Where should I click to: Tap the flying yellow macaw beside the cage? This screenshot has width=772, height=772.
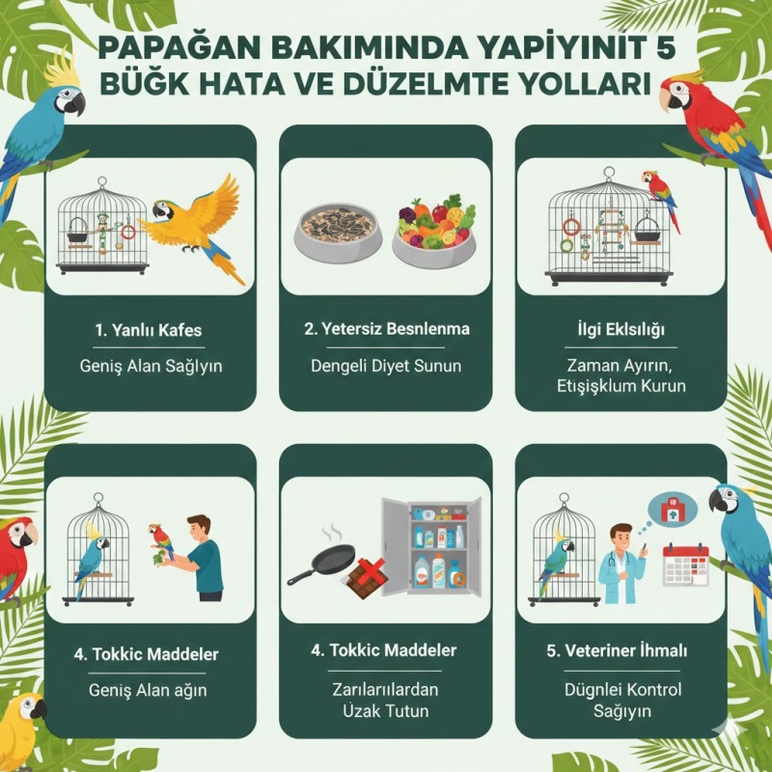coord(197,228)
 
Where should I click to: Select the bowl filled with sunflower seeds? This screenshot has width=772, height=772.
coord(338,233)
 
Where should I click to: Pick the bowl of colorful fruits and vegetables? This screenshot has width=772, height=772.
coord(434,231)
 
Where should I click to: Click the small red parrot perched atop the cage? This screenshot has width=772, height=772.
coord(660,197)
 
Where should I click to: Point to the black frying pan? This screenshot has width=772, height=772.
coord(322,563)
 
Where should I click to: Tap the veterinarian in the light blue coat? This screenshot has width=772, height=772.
coord(622,563)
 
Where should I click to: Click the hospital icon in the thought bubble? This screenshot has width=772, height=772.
coord(671,510)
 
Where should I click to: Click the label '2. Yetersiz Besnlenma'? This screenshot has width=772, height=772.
coord(387,328)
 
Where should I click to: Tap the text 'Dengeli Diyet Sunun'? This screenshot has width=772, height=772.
coord(386,366)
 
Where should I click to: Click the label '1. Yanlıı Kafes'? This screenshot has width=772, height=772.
coord(149,329)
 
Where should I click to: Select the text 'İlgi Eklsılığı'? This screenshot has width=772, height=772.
coord(620,329)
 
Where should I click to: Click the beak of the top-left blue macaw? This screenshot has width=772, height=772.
coord(77,105)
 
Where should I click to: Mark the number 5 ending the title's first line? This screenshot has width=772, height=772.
coord(666,47)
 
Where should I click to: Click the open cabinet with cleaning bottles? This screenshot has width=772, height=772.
coord(431,546)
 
